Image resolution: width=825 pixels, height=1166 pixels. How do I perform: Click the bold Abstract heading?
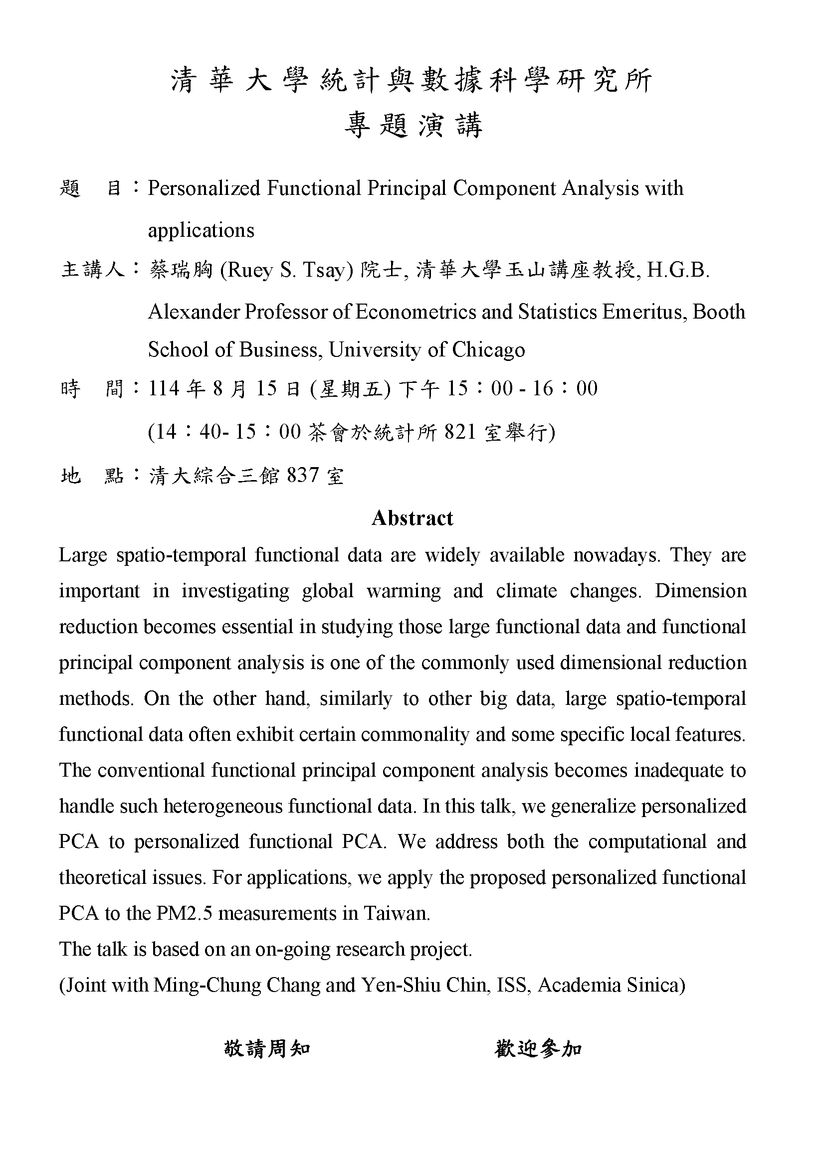[412, 518]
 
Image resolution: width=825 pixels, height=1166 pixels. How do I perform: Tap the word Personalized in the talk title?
[204, 188]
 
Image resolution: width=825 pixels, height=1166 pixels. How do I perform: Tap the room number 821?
[460, 432]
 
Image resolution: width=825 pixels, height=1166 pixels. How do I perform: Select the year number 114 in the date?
[164, 388]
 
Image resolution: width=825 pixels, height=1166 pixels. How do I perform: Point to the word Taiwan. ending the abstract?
[396, 914]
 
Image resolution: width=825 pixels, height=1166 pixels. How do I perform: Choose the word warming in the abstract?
[404, 591]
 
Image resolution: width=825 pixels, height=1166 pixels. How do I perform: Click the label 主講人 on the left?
[92, 270]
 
